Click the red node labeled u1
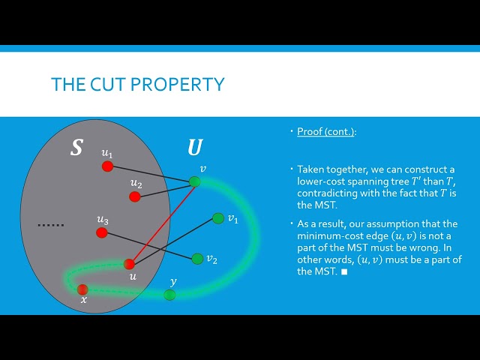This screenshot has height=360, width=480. point(107,166)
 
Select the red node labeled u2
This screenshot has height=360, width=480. point(135,196)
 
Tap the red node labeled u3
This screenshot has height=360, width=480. point(101,233)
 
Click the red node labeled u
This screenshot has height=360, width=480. point(129,263)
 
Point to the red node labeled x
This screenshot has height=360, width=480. point(82,289)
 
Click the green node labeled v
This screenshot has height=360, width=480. point(195,181)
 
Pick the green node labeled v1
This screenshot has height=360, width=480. point(217,218)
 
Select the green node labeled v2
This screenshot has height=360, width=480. point(197,259)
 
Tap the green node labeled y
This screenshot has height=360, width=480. point(170,295)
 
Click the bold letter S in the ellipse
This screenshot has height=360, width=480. point(76,148)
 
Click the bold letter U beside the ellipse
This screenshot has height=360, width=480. point(194,147)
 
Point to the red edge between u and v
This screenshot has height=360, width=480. point(162,223)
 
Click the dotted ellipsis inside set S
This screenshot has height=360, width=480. point(52,224)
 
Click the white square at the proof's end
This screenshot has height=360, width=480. point(344,271)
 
